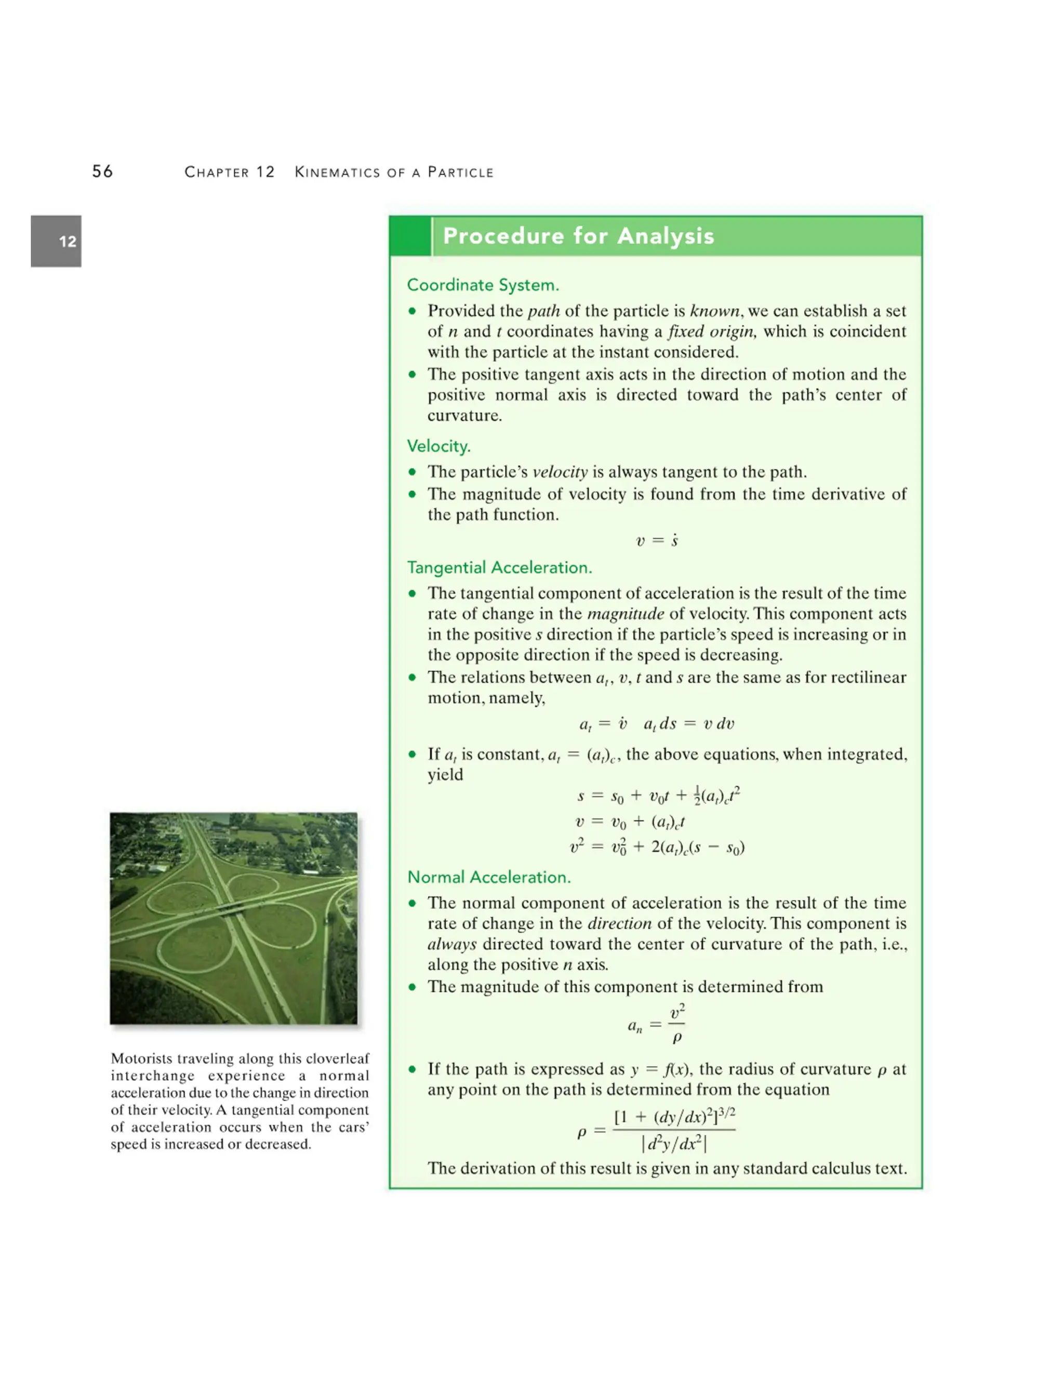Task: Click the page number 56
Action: pyautogui.click(x=102, y=171)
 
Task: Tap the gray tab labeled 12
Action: pyautogui.click(x=56, y=241)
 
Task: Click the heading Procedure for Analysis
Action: pyautogui.click(x=578, y=236)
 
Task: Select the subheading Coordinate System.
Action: pyautogui.click(x=483, y=285)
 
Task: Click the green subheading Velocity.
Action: pyautogui.click(x=438, y=446)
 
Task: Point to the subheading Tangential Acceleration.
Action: pyautogui.click(x=499, y=567)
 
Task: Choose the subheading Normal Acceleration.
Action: pyautogui.click(x=489, y=877)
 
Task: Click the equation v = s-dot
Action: pyautogui.click(x=656, y=540)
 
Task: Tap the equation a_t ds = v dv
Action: pyautogui.click(x=688, y=724)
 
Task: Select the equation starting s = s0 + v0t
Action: pyautogui.click(x=657, y=796)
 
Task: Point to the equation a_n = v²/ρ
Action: pyautogui.click(x=656, y=1025)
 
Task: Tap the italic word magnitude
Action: pyautogui.click(x=626, y=614)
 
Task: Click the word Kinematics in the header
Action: pyautogui.click(x=338, y=172)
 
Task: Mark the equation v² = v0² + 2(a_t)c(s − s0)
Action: pyautogui.click(x=656, y=848)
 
